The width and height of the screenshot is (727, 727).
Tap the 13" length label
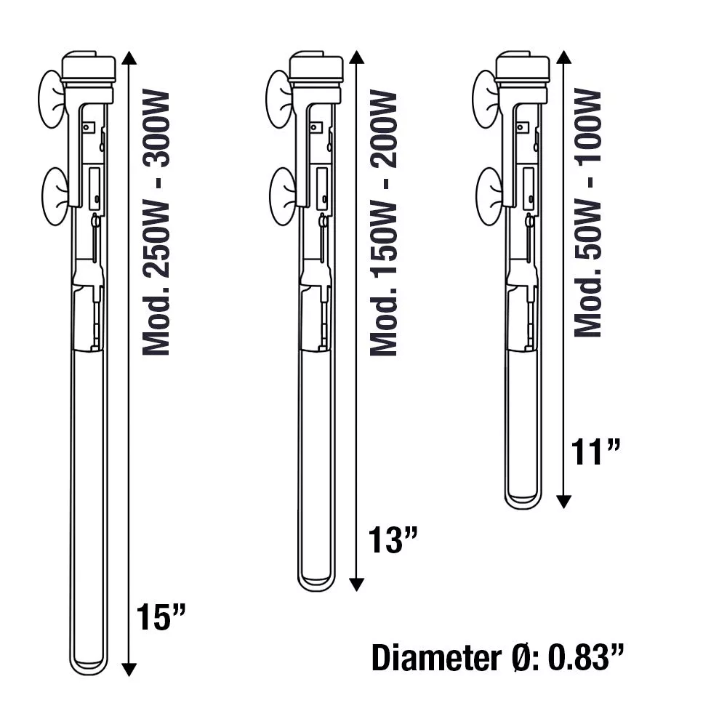coord(392,542)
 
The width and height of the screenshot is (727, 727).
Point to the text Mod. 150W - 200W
coord(383,223)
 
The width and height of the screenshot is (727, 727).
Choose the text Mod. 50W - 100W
coord(588,212)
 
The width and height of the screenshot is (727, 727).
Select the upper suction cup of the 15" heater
coord(51,99)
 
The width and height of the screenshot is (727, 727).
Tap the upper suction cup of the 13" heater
coord(278,99)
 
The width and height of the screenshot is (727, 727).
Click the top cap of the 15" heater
coord(89,67)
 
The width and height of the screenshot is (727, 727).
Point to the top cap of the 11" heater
coord(522,67)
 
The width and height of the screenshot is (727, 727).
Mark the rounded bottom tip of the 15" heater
coord(89,666)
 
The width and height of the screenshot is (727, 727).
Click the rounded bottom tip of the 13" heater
coord(316,582)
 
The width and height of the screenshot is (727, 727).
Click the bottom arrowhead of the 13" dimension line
coord(356,584)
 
